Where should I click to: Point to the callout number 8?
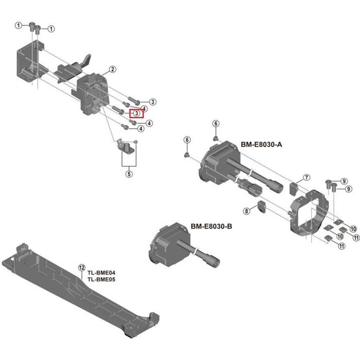[x=246, y=211]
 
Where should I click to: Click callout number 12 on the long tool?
[x=81, y=267]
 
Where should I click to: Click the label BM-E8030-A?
[x=255, y=144]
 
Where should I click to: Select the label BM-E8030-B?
[x=211, y=226]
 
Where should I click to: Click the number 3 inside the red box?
[x=136, y=114]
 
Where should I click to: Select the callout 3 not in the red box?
[x=153, y=102]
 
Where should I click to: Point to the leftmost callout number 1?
[x=18, y=25]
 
